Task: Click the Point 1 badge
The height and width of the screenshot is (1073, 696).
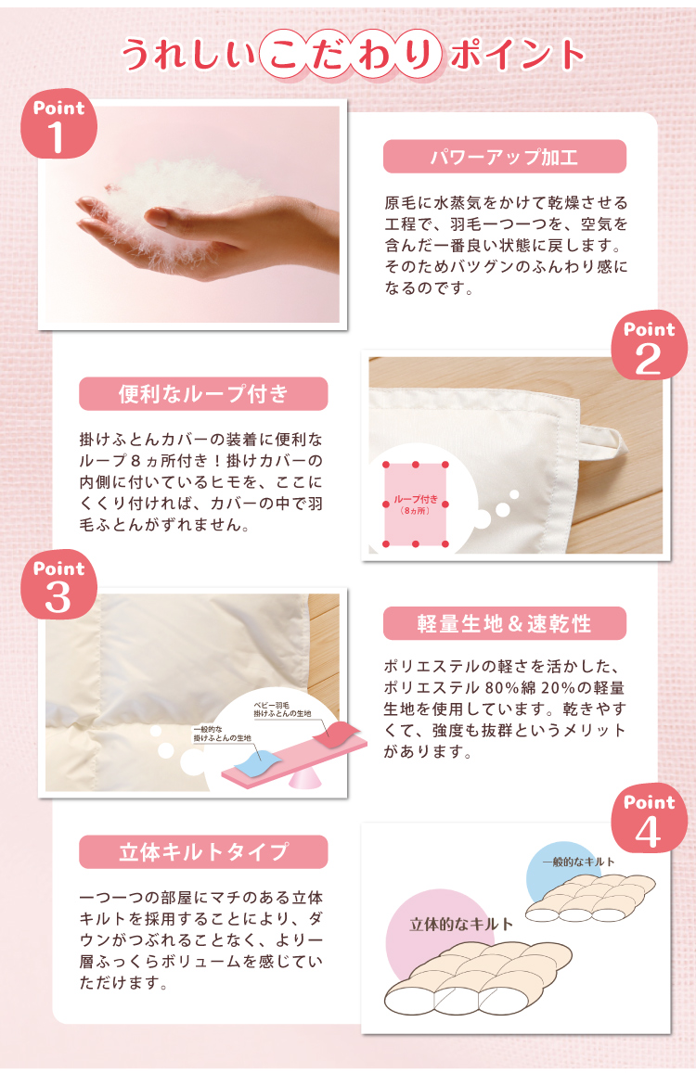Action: point(58,124)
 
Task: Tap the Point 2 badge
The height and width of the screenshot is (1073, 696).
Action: point(649,345)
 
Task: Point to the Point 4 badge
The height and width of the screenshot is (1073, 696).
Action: point(649,819)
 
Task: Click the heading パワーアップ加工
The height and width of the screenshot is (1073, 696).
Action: point(504,157)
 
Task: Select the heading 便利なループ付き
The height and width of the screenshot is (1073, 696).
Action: point(203,394)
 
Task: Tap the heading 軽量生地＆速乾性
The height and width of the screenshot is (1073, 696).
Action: point(504,623)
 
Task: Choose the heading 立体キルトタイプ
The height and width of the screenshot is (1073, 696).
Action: point(203,852)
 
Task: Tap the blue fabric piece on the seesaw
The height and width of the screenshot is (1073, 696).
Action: point(258,761)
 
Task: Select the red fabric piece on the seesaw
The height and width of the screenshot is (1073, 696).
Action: point(336,734)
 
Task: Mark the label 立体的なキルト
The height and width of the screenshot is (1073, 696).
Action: point(461,925)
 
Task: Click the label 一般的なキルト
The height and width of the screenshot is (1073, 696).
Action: point(578,862)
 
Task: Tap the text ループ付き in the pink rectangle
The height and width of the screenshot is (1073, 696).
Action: point(415,499)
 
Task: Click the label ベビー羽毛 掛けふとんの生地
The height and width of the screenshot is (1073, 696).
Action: point(281,709)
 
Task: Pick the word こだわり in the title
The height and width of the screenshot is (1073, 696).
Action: point(353,55)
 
